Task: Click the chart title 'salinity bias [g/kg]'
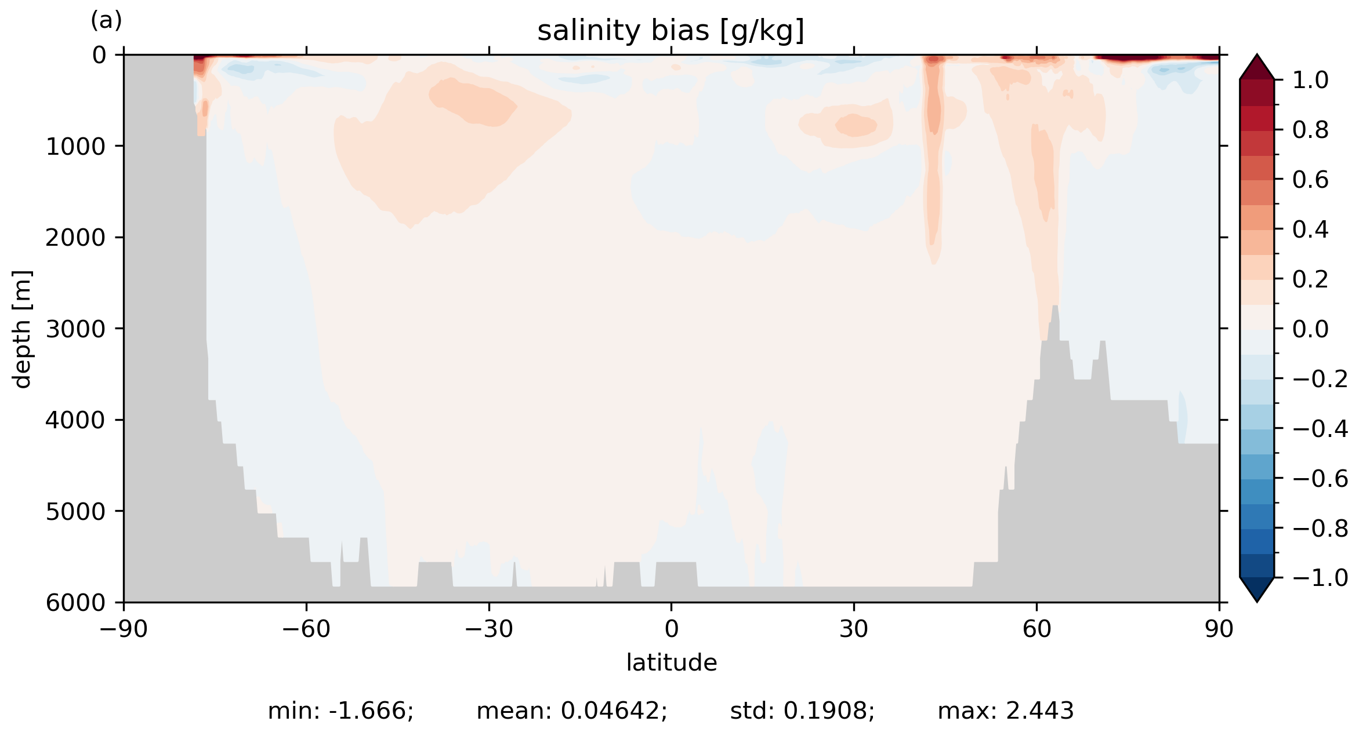coord(670,31)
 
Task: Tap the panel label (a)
coord(106,21)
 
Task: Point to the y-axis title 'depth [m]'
coord(22,329)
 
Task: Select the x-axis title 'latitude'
coord(671,662)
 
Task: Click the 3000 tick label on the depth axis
coord(75,329)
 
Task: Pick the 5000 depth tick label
coord(75,512)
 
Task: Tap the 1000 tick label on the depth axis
coord(75,147)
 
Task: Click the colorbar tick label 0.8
coord(1310,130)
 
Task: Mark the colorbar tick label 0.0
coord(1310,329)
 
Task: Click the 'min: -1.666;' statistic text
coord(340,711)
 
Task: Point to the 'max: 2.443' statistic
coord(1006,711)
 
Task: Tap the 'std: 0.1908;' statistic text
coord(802,711)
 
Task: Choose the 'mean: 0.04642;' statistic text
coord(572,711)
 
